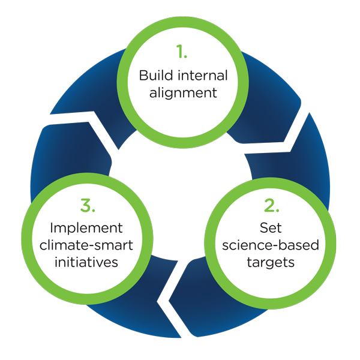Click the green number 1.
click(x=179, y=52)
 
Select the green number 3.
click(x=88, y=206)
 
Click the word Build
click(x=152, y=76)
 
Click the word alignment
click(x=180, y=93)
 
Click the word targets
click(x=271, y=262)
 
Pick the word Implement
click(x=88, y=229)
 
